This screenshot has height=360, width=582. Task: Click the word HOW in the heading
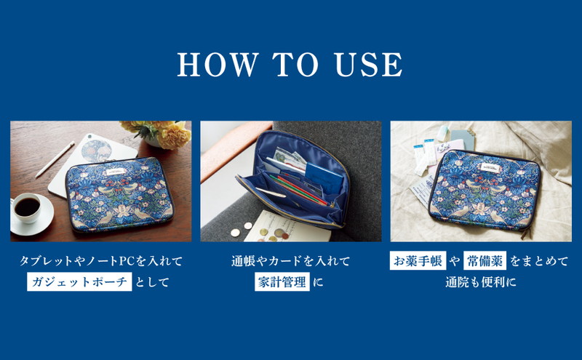coord(218,65)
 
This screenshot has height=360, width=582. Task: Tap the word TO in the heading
coord(295,65)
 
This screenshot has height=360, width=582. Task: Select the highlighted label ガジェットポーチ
coord(79,281)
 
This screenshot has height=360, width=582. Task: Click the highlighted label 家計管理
coord(282,281)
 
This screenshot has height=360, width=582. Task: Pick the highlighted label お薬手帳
coord(418,260)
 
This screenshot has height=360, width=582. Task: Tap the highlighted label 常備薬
coord(485,260)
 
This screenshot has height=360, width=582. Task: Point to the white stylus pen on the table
coord(55,159)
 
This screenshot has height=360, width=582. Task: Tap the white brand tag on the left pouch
coord(117,172)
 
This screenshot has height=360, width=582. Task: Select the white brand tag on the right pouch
coord(492,167)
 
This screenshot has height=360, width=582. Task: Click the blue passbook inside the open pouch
coord(324,176)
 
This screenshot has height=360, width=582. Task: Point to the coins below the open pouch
coord(260,232)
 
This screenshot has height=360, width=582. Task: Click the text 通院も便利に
coord(481,282)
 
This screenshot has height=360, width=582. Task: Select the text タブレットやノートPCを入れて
coord(101,261)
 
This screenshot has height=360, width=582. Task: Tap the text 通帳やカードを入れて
coord(290,261)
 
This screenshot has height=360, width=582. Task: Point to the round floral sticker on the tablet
coord(96,151)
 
